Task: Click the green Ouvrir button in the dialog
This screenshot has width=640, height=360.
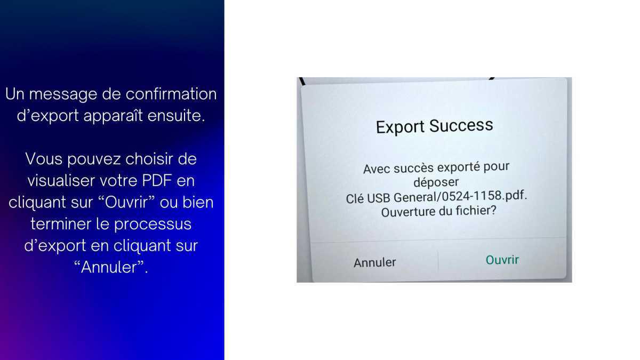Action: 502,260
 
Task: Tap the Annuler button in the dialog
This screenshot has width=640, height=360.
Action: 375,262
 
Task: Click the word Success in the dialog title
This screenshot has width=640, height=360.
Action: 461,126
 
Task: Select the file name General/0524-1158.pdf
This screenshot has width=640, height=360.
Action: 461,196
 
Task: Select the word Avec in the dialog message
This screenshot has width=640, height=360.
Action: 376,170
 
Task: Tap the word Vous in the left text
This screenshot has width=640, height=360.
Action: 44,159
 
